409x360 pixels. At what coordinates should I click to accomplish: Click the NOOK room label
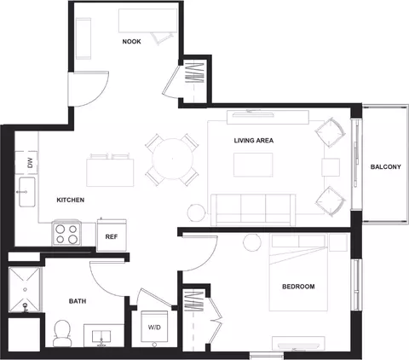[131, 42]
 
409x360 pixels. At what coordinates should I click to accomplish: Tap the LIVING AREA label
[254, 141]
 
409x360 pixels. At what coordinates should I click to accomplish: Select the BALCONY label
[386, 167]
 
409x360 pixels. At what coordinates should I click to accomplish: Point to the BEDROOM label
[298, 287]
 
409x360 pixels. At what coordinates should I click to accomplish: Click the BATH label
[78, 301]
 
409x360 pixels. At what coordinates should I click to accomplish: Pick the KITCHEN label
[71, 200]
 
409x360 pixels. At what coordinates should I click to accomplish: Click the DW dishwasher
[26, 163]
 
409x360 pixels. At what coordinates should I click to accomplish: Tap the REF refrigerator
[112, 235]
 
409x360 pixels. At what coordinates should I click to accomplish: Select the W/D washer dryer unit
[154, 327]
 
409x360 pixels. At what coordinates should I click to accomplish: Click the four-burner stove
[66, 233]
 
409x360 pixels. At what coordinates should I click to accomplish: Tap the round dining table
[172, 159]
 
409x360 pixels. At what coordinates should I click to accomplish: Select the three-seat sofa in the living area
[254, 210]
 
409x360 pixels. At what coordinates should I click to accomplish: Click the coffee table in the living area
[253, 165]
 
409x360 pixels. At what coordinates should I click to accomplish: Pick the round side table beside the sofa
[196, 212]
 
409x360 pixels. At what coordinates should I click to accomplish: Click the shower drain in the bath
[25, 289]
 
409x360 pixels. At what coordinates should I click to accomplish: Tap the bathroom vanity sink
[101, 337]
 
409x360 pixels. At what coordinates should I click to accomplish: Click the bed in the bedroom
[298, 272]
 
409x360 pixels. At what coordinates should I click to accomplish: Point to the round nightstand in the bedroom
[252, 242]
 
